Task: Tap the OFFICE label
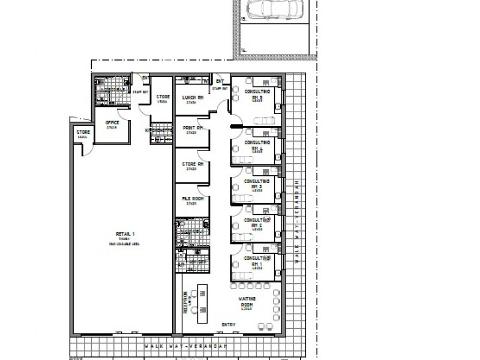pyautogui.click(x=112, y=124)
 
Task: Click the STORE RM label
pyautogui.click(x=192, y=164)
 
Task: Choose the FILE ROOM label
pyautogui.click(x=192, y=199)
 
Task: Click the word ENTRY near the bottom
pyautogui.click(x=228, y=325)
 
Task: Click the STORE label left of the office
pyautogui.click(x=82, y=133)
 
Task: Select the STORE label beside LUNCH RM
pyautogui.click(x=163, y=98)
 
